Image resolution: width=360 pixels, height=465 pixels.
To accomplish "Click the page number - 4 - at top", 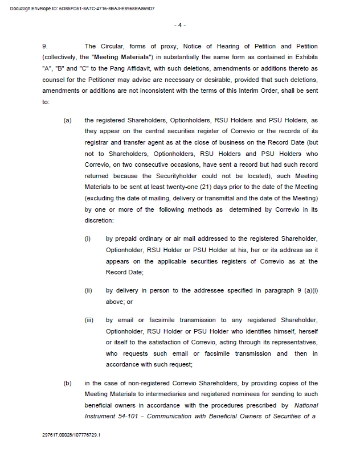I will (x=179, y=26).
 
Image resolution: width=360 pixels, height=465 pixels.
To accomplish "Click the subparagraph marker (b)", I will (x=68, y=384).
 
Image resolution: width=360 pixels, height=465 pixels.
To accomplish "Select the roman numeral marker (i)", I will (x=88, y=238).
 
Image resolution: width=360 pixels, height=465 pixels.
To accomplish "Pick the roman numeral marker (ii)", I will (x=88, y=291).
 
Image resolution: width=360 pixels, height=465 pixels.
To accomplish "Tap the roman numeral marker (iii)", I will (x=89, y=320).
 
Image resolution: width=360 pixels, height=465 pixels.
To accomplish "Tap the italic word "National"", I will (x=306, y=405).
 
